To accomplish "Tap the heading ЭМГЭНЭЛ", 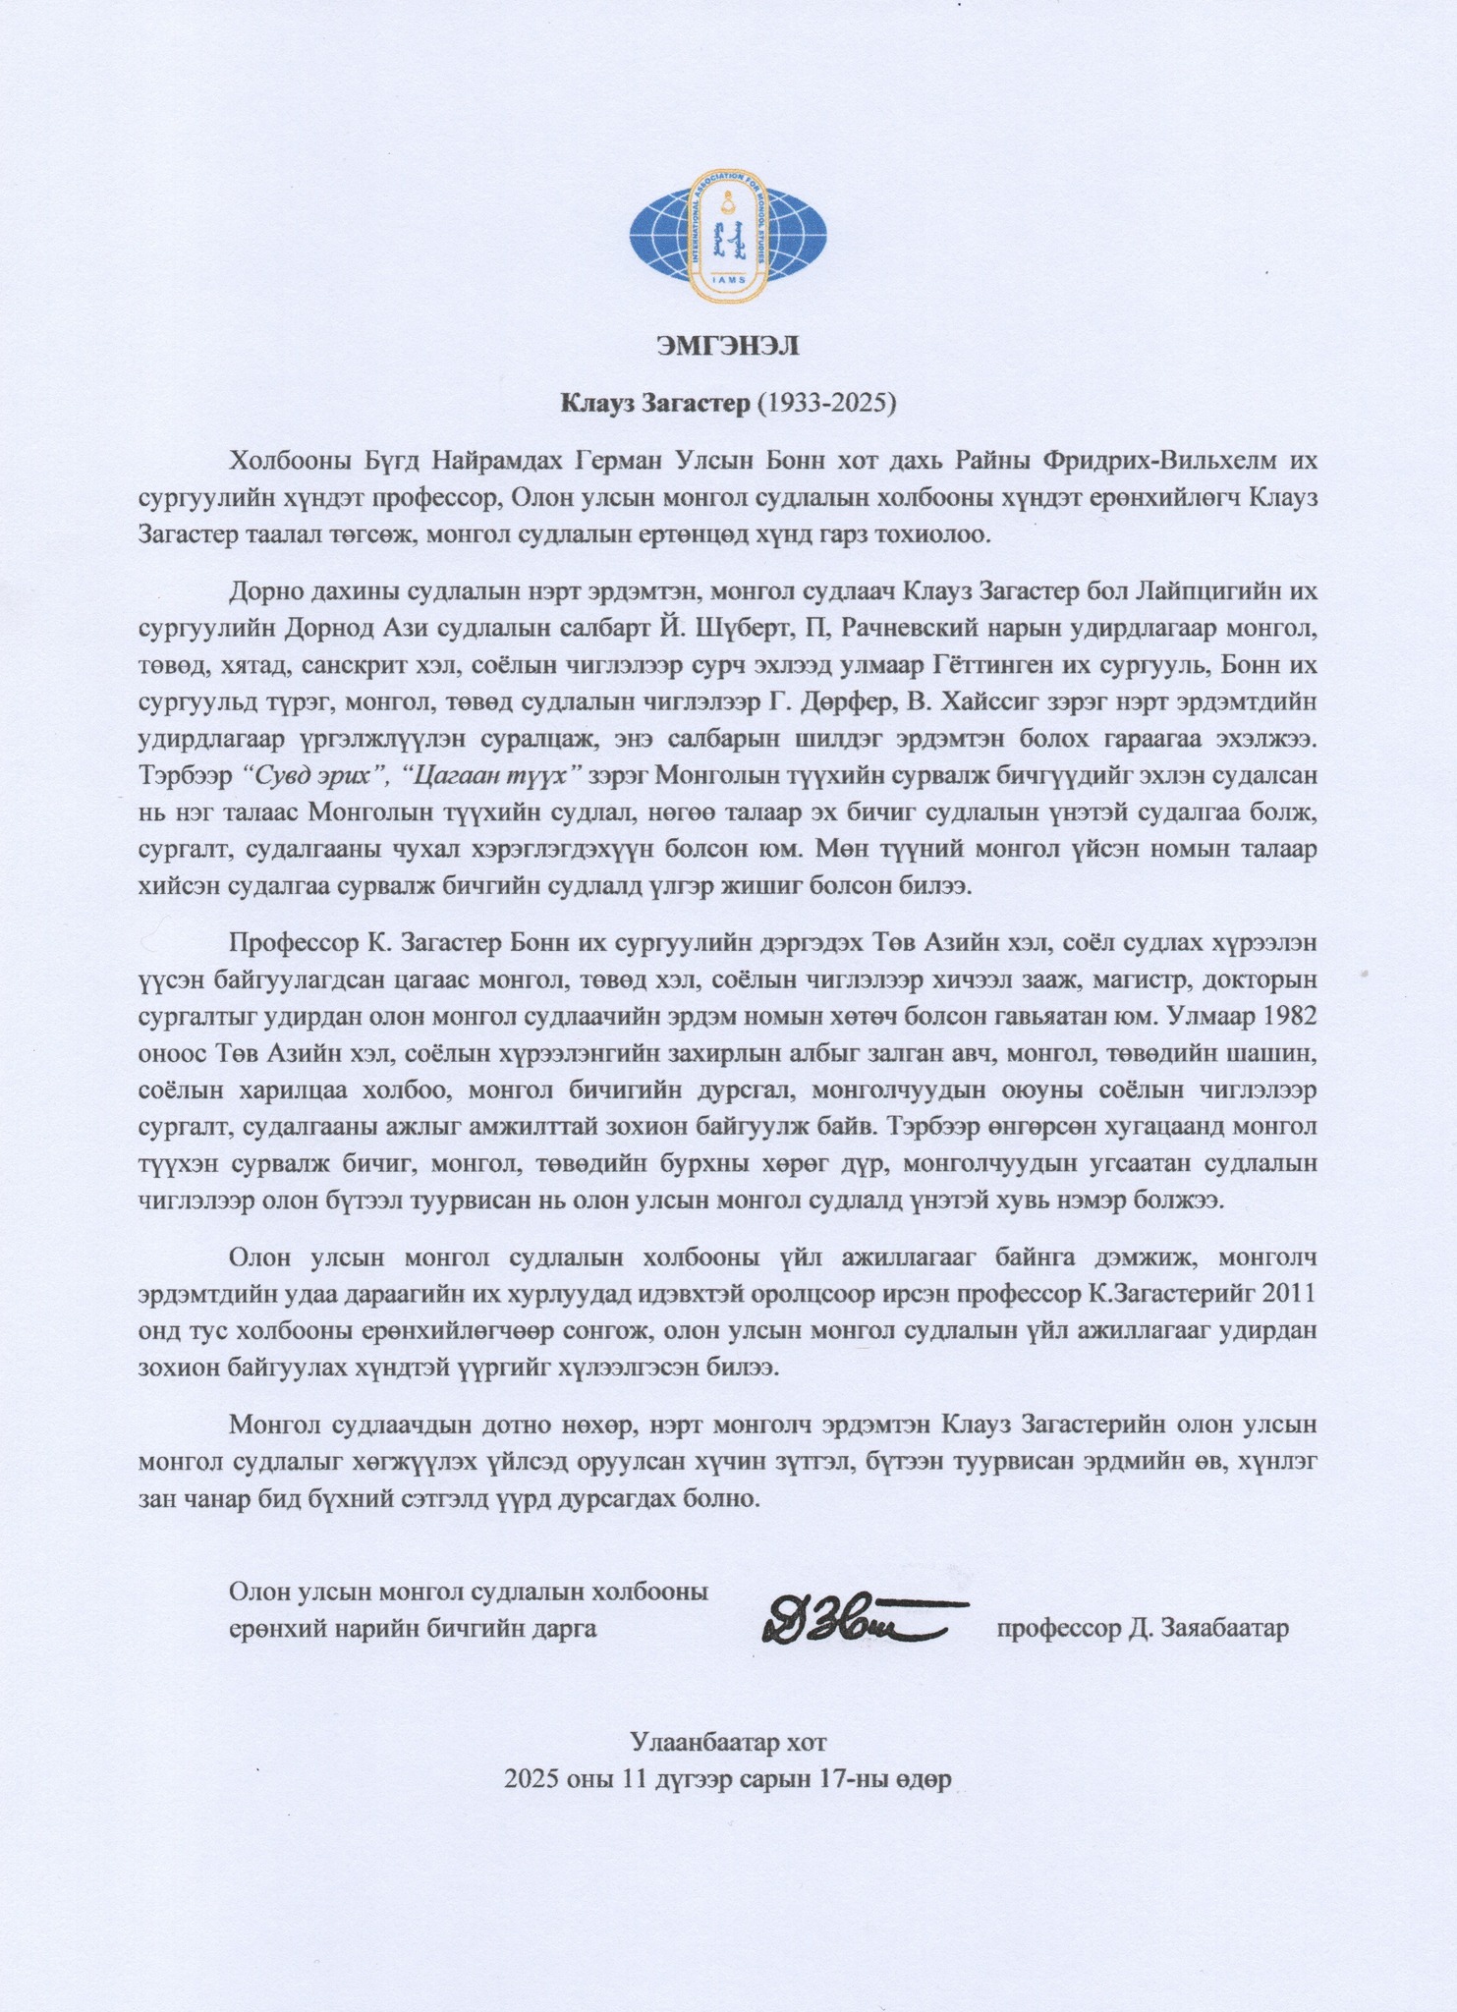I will click(728, 346).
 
